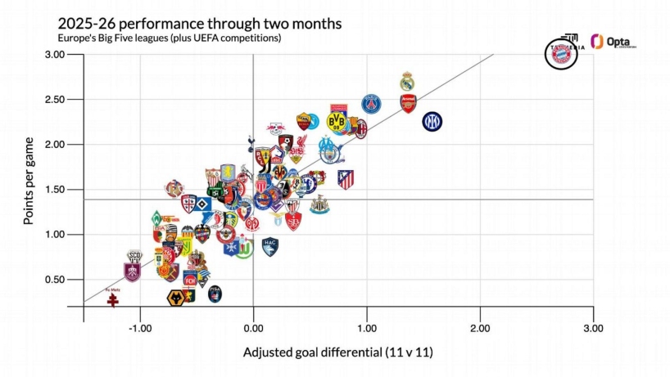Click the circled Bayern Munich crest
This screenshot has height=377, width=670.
click(562, 54)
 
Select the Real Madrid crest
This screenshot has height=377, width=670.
click(407, 82)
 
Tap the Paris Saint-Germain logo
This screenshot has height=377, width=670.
click(372, 104)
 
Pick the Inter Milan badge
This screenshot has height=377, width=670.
click(432, 122)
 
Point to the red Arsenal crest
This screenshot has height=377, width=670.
click(408, 104)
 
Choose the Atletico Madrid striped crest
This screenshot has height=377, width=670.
click(346, 179)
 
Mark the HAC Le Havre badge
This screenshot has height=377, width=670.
click(269, 244)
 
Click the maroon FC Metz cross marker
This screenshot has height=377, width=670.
click(113, 300)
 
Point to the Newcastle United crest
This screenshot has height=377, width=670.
click(319, 204)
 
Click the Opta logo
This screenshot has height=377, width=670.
click(613, 43)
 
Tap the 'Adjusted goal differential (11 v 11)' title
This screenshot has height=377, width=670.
click(337, 353)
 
